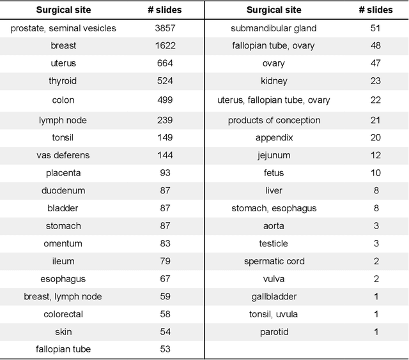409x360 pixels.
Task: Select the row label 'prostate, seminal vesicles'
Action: click(63, 29)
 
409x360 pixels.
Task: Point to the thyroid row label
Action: click(63, 81)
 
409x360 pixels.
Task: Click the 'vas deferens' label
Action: click(63, 155)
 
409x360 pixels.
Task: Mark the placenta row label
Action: click(63, 173)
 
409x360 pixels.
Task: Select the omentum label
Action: click(63, 244)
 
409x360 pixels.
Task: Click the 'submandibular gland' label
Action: click(274, 29)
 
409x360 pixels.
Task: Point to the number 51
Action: click(376, 29)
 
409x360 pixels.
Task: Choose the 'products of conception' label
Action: click(274, 121)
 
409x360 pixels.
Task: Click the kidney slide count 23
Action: click(376, 81)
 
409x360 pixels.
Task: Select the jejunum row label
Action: click(274, 155)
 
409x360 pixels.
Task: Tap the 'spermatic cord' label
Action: click(274, 261)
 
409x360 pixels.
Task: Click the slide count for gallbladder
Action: click(376, 297)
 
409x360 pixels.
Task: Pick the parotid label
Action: click(274, 332)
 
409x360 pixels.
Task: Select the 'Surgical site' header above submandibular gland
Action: click(274, 10)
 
